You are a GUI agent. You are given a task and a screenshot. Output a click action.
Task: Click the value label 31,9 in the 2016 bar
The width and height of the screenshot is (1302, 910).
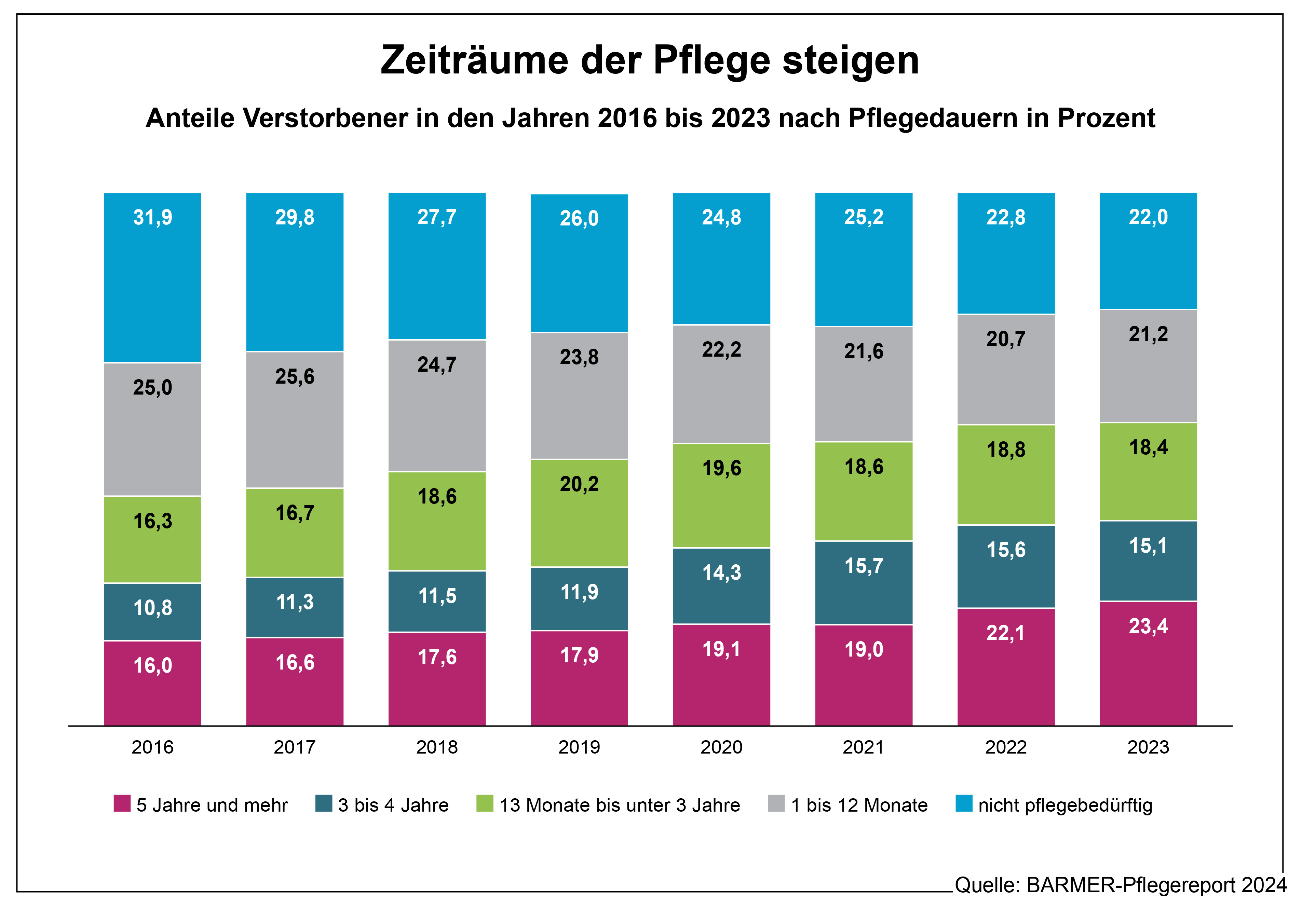point(152,217)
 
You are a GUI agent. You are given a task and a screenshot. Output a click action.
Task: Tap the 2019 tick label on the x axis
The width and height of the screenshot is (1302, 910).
point(579,747)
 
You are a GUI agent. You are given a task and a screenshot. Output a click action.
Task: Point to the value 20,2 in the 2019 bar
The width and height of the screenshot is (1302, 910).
point(579,484)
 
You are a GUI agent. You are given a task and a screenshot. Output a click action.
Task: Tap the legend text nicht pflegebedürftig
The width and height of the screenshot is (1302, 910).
point(1065,805)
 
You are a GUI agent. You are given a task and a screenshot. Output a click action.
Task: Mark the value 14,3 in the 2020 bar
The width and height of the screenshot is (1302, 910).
point(721,573)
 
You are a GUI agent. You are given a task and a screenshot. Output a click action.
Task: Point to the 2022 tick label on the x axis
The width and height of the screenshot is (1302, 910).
point(1006,747)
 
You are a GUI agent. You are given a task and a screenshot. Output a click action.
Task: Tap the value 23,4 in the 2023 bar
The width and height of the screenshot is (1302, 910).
point(1148,626)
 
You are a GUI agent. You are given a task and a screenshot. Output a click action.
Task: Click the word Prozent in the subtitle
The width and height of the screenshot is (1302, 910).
point(1106,119)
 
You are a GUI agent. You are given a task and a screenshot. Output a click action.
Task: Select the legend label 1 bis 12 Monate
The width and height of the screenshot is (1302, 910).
point(859,805)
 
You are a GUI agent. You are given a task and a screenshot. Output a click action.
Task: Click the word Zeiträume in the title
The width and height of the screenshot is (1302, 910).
point(474,60)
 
